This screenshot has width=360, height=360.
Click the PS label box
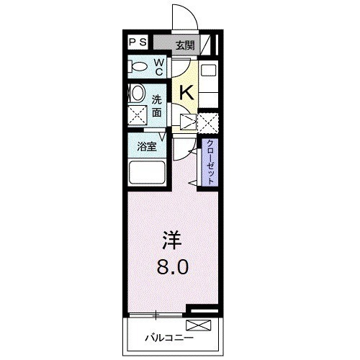point(138,42)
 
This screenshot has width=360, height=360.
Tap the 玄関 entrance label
point(185,45)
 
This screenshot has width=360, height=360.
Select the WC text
point(159,68)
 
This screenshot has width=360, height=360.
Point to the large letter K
point(186,93)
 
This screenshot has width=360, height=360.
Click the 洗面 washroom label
point(156,107)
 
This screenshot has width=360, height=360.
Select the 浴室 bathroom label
point(147,147)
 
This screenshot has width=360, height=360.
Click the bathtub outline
point(147,173)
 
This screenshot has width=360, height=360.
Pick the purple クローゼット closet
point(210,162)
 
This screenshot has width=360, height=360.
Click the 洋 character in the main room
point(172,240)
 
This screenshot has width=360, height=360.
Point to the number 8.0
point(172,267)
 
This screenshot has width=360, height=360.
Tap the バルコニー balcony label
point(169,338)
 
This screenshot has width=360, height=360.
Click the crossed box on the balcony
point(199,325)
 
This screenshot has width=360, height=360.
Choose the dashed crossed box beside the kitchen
point(208,122)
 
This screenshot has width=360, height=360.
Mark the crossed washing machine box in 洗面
point(138,115)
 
